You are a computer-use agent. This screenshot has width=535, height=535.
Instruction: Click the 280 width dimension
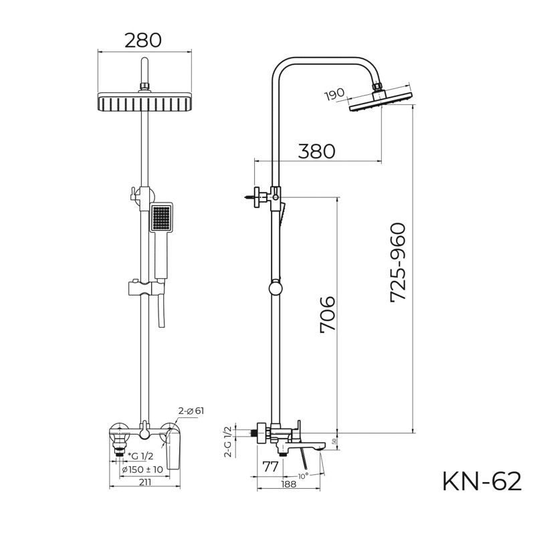pos(143,39)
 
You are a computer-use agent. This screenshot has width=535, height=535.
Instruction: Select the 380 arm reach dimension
pos(316,150)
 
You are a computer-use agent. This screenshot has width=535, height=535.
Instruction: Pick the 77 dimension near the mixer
pos(270,466)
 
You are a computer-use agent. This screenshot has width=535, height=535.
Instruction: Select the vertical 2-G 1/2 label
pos(227,441)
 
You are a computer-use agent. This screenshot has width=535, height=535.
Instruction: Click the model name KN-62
pos(481,481)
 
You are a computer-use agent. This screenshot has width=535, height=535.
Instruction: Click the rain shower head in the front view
pos(143,103)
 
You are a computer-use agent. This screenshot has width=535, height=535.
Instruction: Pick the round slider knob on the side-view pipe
pos(274,288)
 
